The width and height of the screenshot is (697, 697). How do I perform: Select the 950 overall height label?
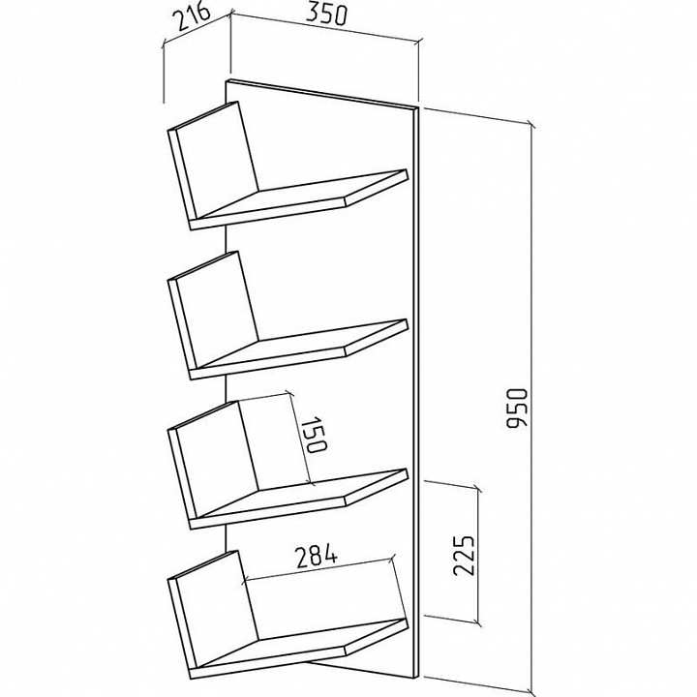[x=517, y=409]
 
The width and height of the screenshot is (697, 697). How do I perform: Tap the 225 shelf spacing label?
[x=464, y=556]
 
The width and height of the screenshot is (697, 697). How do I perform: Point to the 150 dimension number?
[x=315, y=435]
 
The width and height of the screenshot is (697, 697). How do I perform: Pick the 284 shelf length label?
[x=318, y=558]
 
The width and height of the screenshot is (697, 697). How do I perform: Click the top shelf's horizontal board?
[x=299, y=199]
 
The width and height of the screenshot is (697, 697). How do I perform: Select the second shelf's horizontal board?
[x=299, y=348]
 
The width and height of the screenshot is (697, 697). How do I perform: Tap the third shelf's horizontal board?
[x=299, y=499]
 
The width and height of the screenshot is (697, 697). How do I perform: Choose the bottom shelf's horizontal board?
[x=299, y=648]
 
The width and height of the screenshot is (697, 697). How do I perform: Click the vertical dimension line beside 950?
[x=531, y=409]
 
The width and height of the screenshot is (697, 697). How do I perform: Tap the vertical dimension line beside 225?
[x=478, y=556]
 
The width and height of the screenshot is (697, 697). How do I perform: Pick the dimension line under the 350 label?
[x=324, y=29]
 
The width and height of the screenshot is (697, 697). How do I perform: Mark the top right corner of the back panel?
[x=418, y=108]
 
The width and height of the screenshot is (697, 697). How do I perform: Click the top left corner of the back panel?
[x=227, y=80]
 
